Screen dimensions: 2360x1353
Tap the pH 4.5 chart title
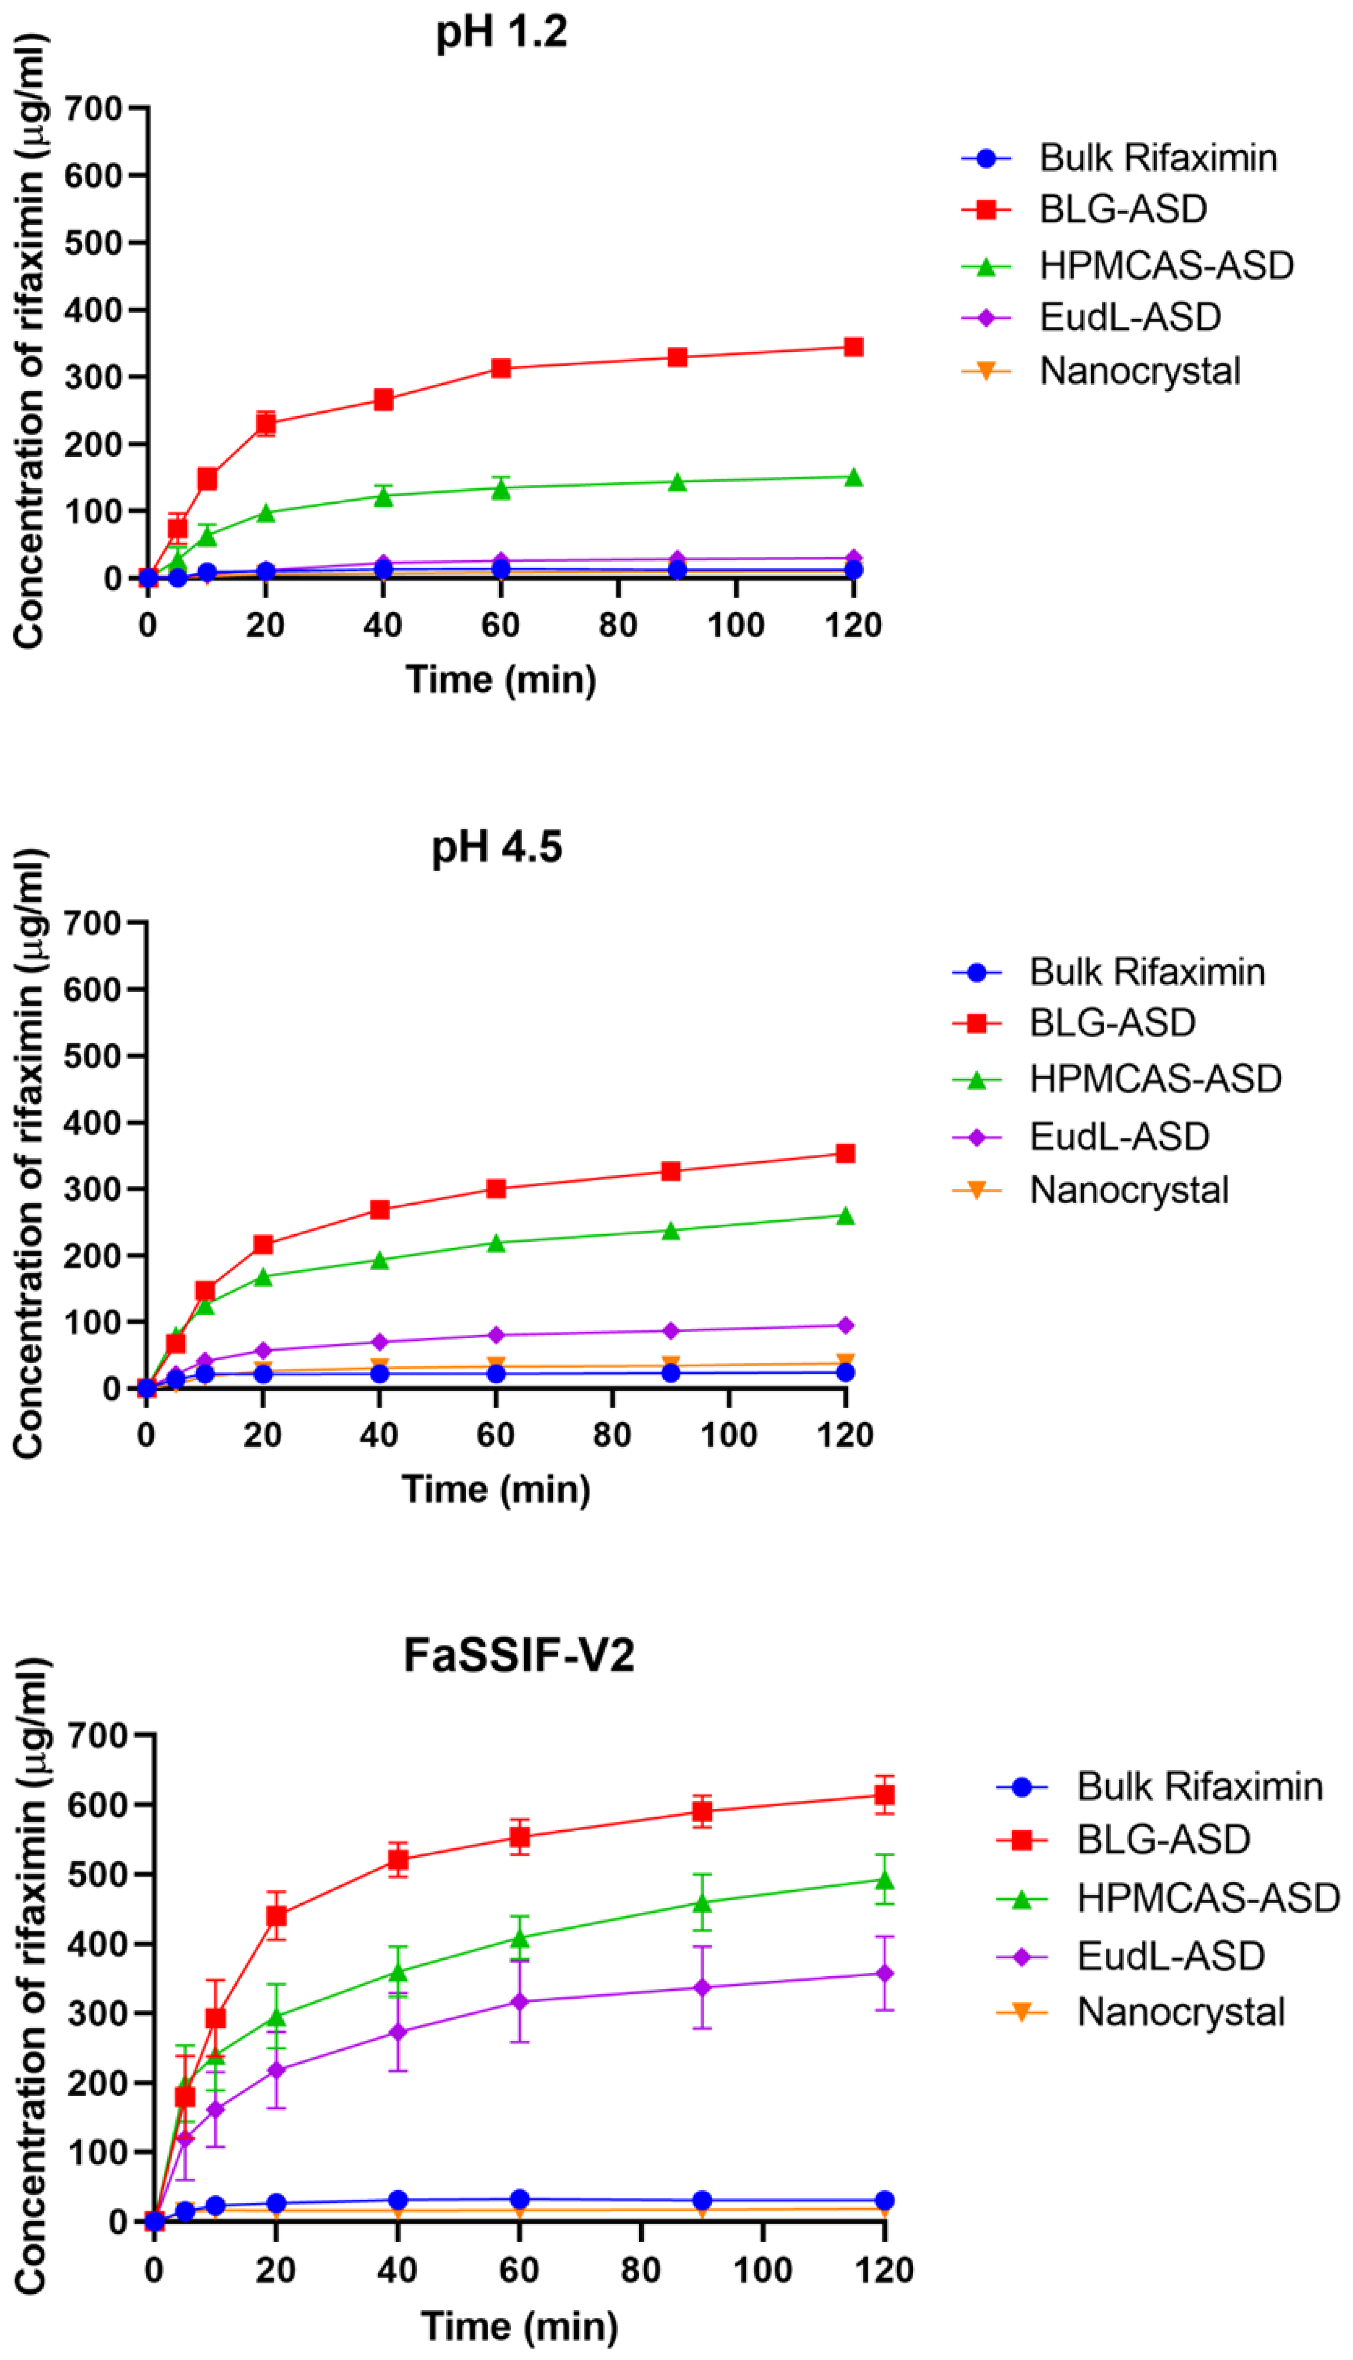(x=496, y=847)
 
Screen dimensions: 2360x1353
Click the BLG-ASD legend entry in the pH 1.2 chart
(x=1122, y=209)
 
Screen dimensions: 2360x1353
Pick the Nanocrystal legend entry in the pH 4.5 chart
(x=1128, y=1190)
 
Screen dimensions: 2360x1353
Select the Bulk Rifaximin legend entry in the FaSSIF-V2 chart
(x=1199, y=1787)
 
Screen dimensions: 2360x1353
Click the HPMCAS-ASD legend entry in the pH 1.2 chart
(x=1166, y=266)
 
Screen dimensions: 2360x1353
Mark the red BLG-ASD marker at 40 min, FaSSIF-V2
(x=398, y=1860)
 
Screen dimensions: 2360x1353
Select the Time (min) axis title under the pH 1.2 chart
(x=501, y=680)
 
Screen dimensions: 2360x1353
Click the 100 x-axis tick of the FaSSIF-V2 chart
(x=762, y=2270)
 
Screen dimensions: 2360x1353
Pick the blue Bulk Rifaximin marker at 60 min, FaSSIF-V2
(x=520, y=2199)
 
